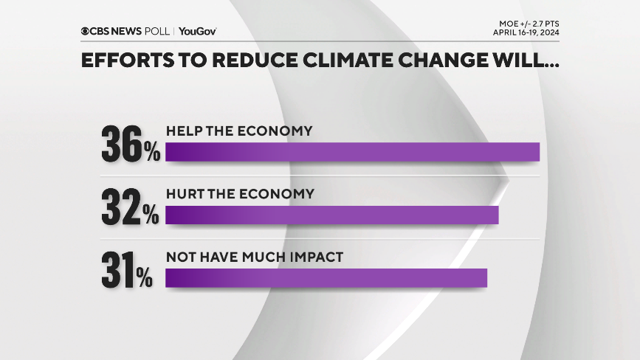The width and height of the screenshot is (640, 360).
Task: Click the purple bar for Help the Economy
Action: tap(352, 151)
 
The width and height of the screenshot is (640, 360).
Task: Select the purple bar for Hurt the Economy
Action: tap(331, 215)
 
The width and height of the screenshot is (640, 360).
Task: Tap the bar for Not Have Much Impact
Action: tap(326, 277)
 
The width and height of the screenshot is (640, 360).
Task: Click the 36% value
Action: tap(130, 145)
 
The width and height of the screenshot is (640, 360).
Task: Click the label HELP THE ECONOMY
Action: tap(239, 131)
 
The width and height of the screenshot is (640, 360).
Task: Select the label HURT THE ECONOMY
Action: tap(240, 194)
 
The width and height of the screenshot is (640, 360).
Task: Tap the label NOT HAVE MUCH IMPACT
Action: tap(255, 257)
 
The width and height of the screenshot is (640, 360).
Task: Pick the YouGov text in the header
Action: tap(198, 31)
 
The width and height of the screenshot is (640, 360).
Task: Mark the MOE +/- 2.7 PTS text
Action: tap(527, 24)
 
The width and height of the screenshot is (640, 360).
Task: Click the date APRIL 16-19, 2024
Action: tap(526, 33)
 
